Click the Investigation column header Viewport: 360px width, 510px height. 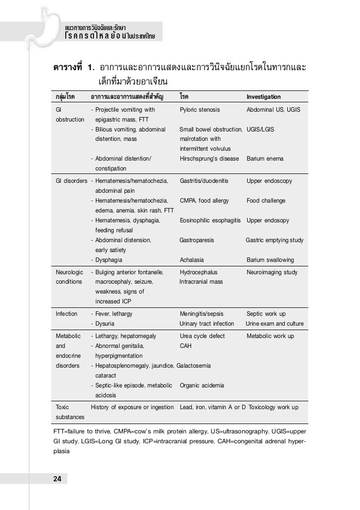[264, 97]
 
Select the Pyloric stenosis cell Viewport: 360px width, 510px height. [200, 110]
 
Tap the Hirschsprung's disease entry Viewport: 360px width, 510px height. [209, 159]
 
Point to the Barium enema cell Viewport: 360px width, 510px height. [265, 159]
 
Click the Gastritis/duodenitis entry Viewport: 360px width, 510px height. [204, 181]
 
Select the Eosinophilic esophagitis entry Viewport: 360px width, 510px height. [210, 220]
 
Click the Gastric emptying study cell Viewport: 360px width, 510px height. [275, 240]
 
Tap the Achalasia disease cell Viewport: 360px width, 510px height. [192, 260]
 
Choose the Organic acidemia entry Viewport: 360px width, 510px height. [202, 385]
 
